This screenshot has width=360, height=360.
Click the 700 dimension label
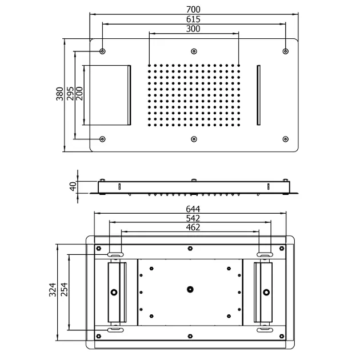(x=193, y=9)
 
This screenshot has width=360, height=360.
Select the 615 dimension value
(x=193, y=19)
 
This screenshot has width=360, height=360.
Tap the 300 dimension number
(x=193, y=29)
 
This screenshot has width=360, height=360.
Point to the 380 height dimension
(x=59, y=94)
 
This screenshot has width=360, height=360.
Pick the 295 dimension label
(x=70, y=94)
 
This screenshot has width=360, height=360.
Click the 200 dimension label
(x=79, y=94)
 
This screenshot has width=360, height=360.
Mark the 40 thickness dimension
(x=73, y=186)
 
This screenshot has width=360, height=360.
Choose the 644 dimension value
(x=193, y=209)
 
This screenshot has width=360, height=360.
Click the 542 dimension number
(x=193, y=218)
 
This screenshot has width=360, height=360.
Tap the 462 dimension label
(x=193, y=227)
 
